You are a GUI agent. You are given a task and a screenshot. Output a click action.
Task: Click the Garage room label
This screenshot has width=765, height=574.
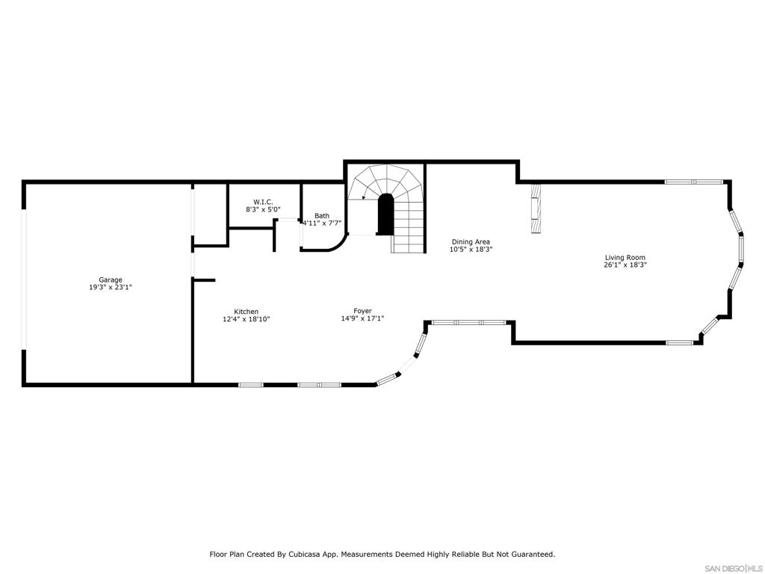111,280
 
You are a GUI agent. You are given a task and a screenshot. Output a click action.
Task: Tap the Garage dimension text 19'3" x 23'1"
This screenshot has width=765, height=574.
111,288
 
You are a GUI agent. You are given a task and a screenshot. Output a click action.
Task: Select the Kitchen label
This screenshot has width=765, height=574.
246,312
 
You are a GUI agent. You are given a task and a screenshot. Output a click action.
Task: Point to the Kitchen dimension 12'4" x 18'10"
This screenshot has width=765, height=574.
246,319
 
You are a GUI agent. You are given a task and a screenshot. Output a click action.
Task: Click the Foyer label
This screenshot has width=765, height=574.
362,311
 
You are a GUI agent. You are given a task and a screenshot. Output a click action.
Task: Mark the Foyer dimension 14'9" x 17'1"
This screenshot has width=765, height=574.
362,318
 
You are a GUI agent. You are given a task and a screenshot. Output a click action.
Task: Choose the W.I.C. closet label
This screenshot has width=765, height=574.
263,202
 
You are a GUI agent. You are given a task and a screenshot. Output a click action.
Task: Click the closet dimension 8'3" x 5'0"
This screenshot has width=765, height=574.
263,210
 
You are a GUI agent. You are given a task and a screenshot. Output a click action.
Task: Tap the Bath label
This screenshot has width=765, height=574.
321,216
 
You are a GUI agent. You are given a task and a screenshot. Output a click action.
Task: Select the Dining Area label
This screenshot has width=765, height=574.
471,241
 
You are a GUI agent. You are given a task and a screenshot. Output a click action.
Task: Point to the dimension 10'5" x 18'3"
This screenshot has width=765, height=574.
471,250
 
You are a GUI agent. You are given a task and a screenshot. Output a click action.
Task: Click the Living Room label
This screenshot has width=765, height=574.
625,257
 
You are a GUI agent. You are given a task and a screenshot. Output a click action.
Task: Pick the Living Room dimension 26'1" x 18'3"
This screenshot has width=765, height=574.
625,265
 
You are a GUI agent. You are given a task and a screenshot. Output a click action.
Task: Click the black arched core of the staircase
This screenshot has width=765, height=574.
385,215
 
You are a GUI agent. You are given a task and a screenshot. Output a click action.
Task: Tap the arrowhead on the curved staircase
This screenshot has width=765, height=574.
363,198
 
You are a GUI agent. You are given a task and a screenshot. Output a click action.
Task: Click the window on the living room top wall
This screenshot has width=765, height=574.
693,182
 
